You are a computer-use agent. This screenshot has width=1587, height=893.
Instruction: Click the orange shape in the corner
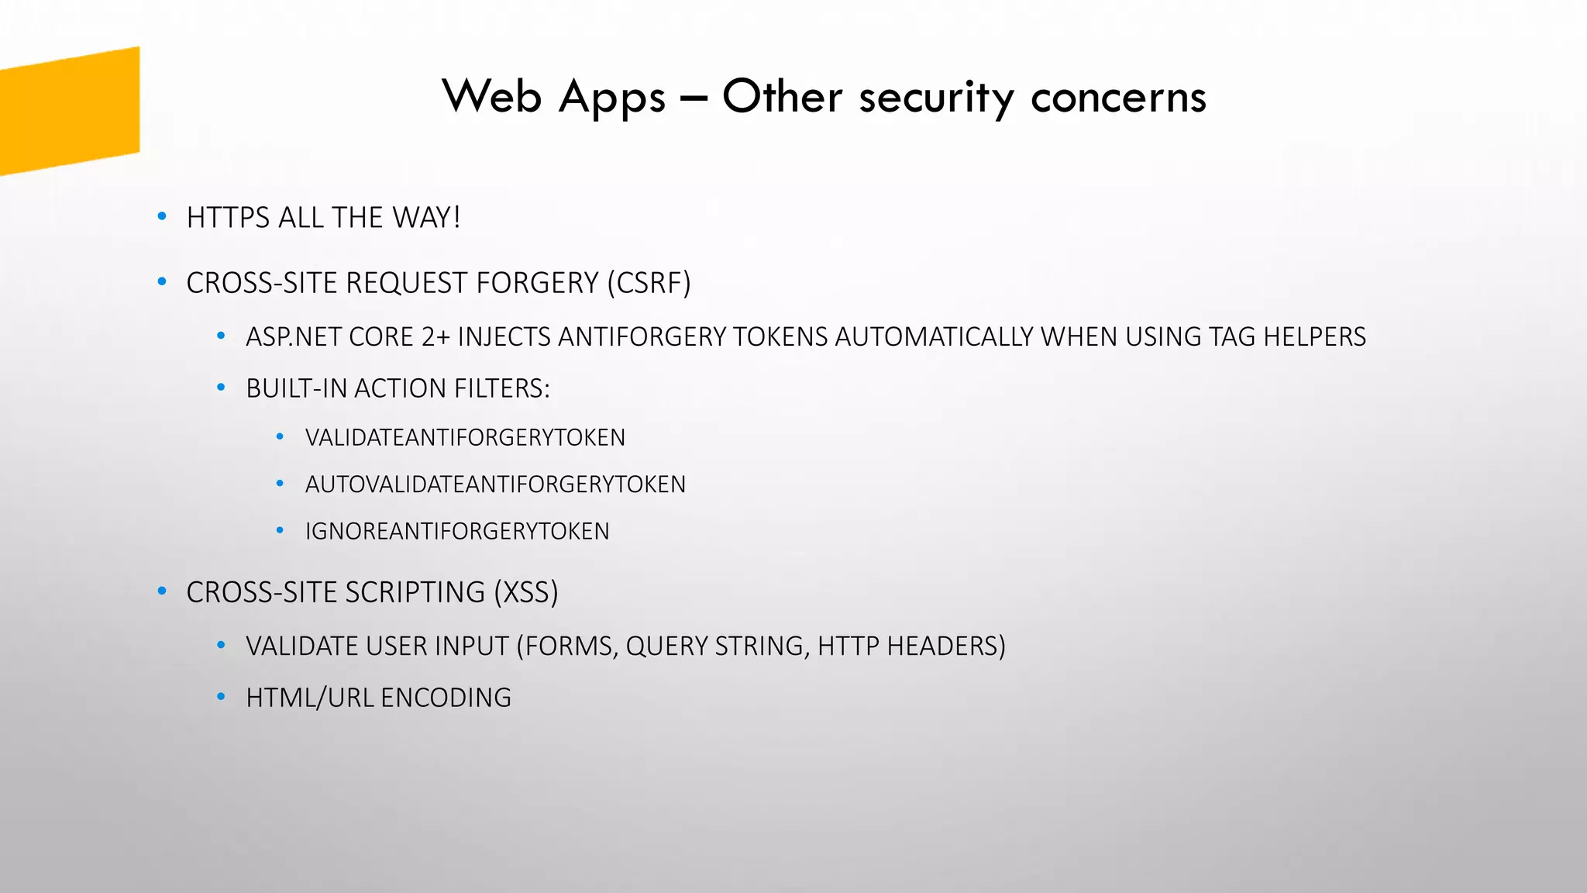[x=70, y=110]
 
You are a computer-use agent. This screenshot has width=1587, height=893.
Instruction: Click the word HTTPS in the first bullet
[x=228, y=218]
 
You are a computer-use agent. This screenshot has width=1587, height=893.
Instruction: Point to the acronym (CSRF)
[x=649, y=283]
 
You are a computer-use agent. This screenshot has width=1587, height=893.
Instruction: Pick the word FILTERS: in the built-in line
[x=502, y=388]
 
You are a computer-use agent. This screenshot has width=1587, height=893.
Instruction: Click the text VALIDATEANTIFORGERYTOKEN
[x=465, y=438]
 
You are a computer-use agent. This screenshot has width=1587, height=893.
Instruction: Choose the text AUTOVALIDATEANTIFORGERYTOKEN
[x=495, y=484]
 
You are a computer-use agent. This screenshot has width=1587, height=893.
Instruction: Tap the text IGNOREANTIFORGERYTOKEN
[x=457, y=531]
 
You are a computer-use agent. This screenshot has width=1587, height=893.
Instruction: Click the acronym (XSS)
[x=526, y=592]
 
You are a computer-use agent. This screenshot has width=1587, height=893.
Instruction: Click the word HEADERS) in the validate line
[x=946, y=646]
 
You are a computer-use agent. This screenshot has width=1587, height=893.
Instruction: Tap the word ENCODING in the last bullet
[x=446, y=698]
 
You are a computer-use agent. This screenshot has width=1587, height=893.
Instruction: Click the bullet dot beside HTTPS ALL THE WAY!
[x=162, y=217]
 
